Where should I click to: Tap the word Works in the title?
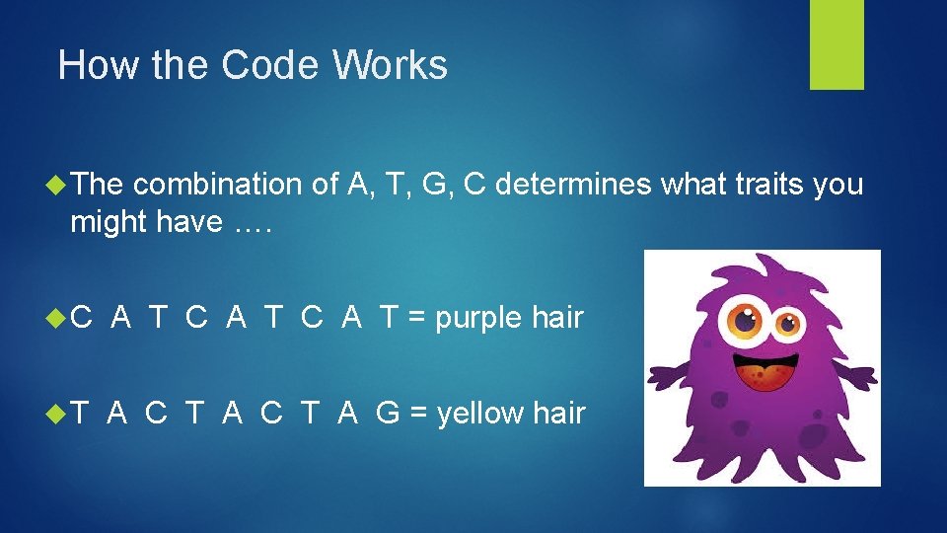(x=391, y=66)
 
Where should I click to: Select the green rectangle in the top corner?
(x=837, y=44)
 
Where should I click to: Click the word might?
(x=109, y=223)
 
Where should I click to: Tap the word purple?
(x=479, y=318)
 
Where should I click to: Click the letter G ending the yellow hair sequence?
(x=388, y=414)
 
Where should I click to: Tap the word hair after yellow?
(x=559, y=414)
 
